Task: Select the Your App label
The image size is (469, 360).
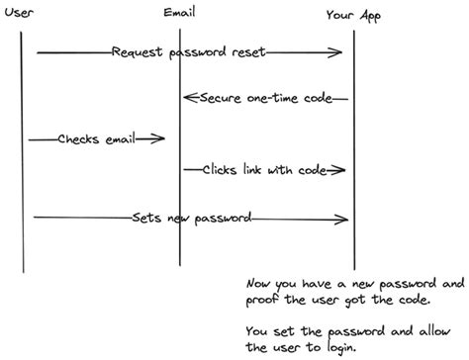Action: (x=353, y=15)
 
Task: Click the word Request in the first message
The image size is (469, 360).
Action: (x=135, y=51)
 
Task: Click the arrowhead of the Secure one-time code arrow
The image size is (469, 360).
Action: (x=188, y=99)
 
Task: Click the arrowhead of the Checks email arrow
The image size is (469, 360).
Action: (x=158, y=139)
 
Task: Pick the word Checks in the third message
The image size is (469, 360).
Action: (x=78, y=138)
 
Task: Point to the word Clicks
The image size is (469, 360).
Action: (x=222, y=169)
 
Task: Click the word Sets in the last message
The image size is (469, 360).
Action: (x=144, y=217)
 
